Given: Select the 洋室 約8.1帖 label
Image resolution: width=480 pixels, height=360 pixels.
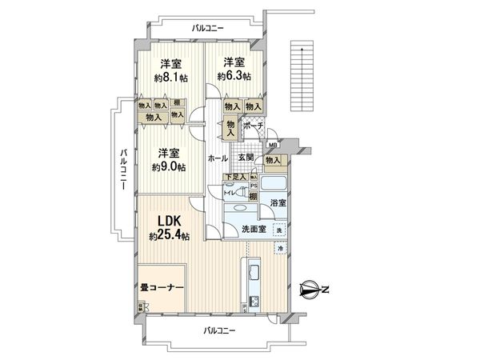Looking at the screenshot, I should (x=170, y=70).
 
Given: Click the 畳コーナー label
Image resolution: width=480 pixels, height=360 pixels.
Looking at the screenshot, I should (x=162, y=287).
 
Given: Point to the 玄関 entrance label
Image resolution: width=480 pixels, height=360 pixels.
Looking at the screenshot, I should (x=244, y=158).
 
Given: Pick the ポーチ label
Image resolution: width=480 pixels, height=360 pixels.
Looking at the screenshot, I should (x=254, y=126).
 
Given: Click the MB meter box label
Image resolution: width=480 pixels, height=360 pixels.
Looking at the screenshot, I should (x=273, y=145).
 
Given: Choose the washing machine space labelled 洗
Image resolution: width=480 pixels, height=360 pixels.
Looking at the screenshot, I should (x=279, y=230).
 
